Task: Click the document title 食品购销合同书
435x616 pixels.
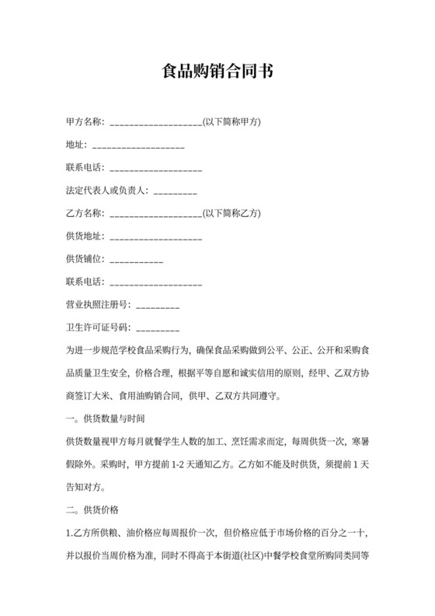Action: coord(217,72)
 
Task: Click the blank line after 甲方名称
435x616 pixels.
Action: coord(156,124)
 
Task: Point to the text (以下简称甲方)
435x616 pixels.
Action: coord(231,122)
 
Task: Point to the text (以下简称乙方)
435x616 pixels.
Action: coord(231,214)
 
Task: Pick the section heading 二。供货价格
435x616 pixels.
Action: coord(92,510)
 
